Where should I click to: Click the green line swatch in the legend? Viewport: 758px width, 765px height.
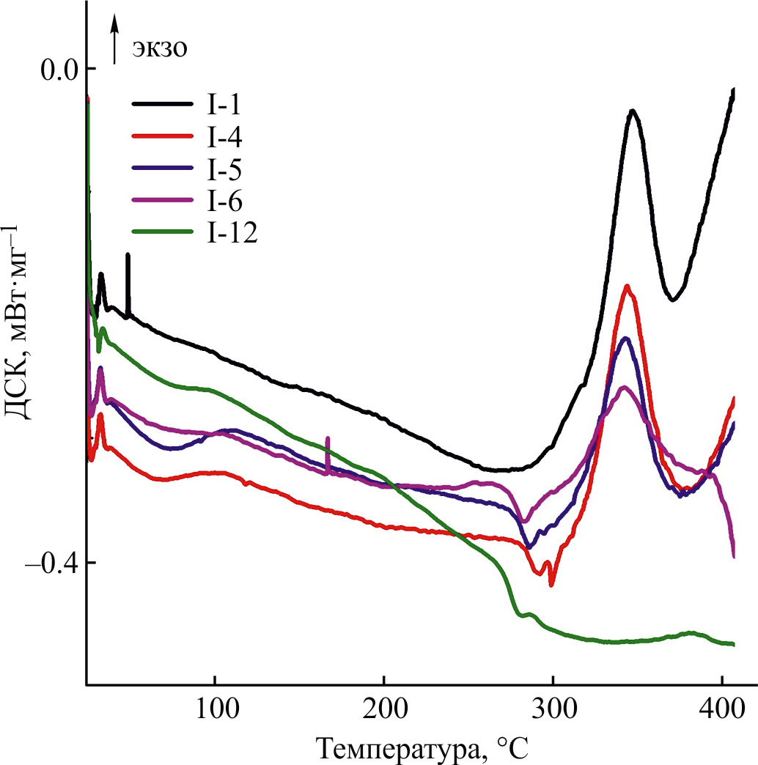[162, 232]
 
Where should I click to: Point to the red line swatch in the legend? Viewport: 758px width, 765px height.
[162, 137]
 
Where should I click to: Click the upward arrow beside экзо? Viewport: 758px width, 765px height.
[115, 40]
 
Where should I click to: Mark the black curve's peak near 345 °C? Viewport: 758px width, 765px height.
[632, 111]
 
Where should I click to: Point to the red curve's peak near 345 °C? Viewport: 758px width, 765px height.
[627, 286]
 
